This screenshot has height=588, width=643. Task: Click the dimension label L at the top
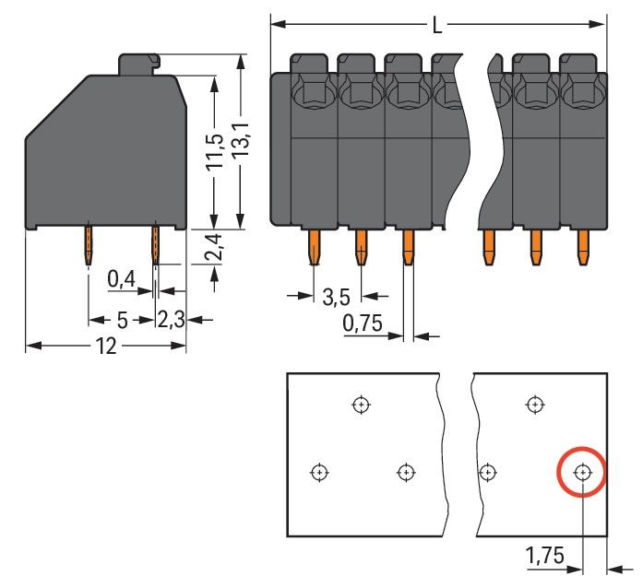pyautogui.click(x=437, y=25)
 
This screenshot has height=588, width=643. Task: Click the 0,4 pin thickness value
pyautogui.click(x=121, y=278)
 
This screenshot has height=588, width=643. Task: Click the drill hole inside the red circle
pyautogui.click(x=582, y=473)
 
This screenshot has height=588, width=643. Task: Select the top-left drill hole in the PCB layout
pyautogui.click(x=361, y=404)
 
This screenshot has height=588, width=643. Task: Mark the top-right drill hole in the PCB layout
pyautogui.click(x=534, y=404)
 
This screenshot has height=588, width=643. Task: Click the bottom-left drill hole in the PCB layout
pyautogui.click(x=319, y=472)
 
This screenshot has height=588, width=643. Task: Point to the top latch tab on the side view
pyautogui.click(x=139, y=64)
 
